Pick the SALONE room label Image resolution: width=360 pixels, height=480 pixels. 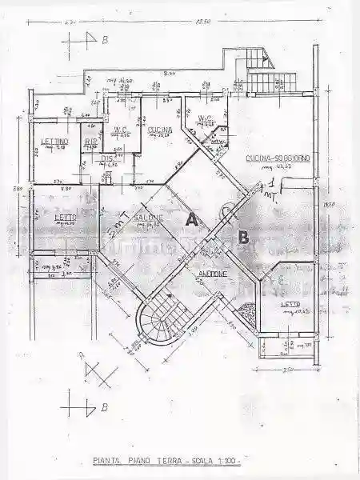(148, 218)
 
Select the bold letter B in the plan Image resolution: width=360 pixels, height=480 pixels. (243, 236)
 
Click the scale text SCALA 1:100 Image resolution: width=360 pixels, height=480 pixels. (215, 461)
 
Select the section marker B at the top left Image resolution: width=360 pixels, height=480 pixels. (103, 39)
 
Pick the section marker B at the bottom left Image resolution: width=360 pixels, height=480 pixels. (103, 407)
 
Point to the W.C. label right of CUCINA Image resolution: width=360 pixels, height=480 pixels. (205, 120)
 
